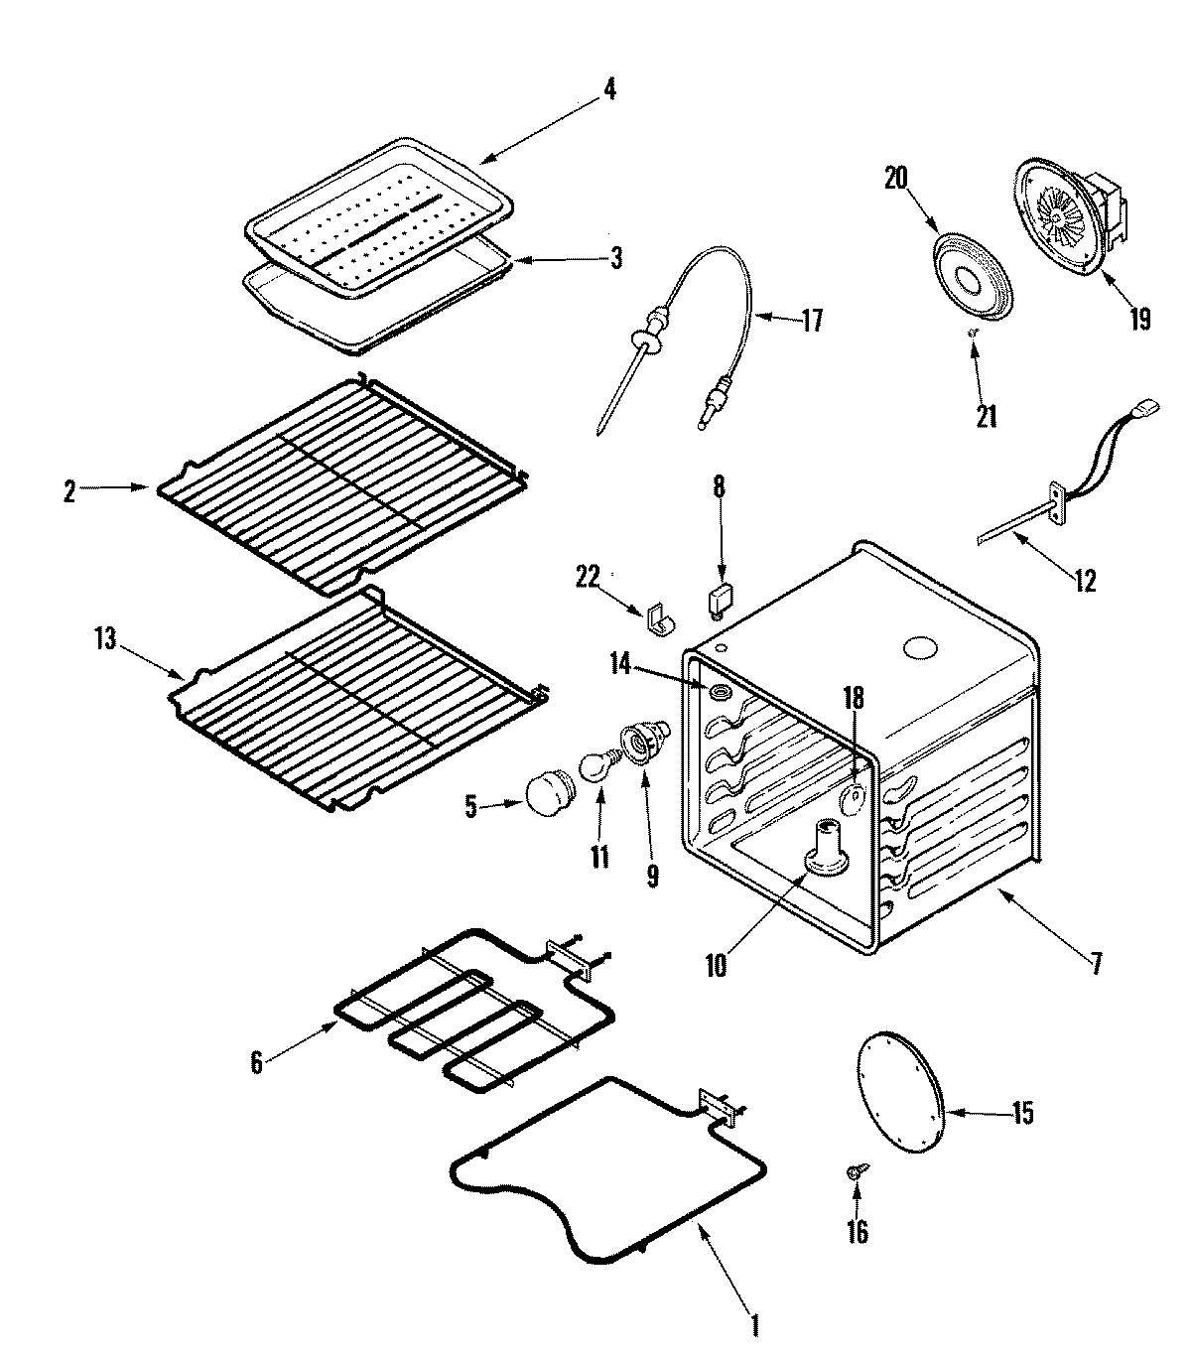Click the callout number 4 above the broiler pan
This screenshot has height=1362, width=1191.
609,89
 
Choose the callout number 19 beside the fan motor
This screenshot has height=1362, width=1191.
1139,319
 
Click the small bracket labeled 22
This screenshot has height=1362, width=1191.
657,618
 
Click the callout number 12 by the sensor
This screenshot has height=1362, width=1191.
1086,581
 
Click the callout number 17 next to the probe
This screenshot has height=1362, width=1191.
812,322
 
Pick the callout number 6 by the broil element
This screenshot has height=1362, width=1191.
256,1063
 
